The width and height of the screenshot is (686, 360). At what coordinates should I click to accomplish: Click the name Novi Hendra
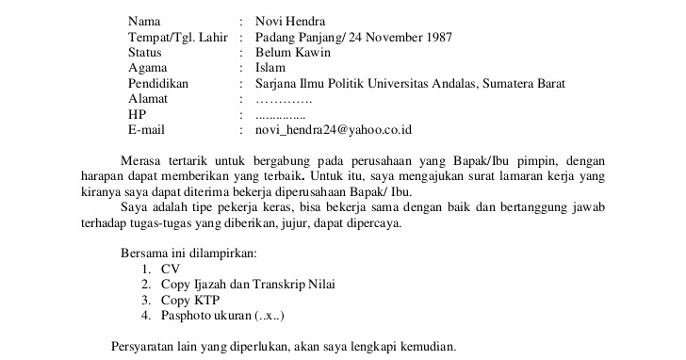(294, 21)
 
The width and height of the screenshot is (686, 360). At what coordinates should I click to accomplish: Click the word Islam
(271, 68)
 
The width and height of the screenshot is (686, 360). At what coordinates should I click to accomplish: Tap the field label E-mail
(147, 129)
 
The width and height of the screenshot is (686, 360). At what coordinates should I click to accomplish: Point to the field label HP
(138, 114)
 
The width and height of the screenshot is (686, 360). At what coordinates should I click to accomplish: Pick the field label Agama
(149, 68)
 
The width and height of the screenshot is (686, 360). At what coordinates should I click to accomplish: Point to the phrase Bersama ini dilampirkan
(188, 253)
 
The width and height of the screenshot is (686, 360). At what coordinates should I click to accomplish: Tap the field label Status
(145, 53)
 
